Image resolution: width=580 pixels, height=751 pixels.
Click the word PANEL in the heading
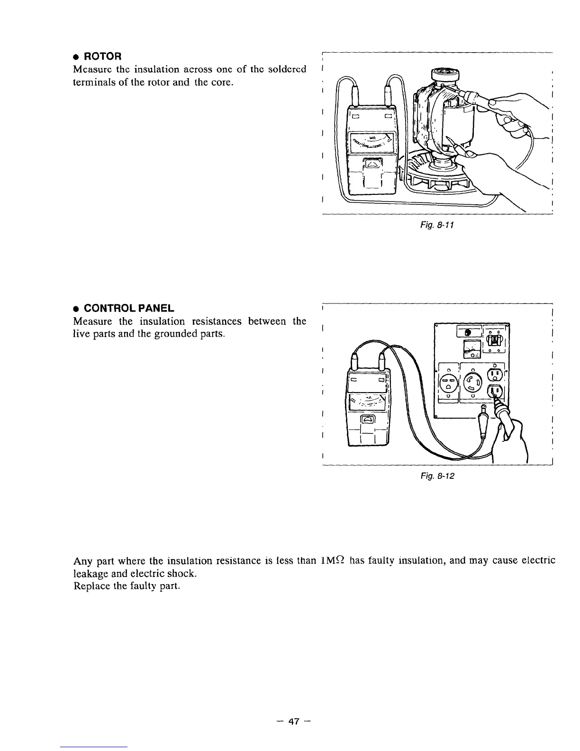(x=152, y=309)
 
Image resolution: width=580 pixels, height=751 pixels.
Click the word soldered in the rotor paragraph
(x=287, y=70)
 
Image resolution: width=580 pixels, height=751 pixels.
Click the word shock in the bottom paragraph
(x=181, y=574)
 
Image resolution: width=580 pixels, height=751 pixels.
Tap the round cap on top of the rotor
(x=444, y=75)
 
